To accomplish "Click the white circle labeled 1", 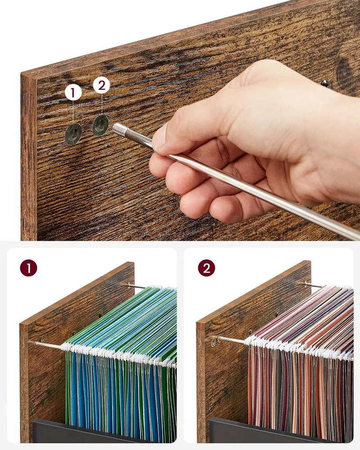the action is [x=73, y=92].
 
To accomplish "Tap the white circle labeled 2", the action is [x=101, y=85].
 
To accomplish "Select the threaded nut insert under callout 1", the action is [x=73, y=134].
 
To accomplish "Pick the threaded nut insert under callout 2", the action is [x=100, y=125].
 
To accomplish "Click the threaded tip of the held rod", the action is [x=118, y=129].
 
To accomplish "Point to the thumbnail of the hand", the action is [x=160, y=137].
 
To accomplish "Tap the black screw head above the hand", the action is [x=325, y=83].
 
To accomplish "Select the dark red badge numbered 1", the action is [x=28, y=268].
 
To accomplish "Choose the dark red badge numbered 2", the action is [x=207, y=268].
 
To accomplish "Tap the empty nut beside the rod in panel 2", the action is [x=213, y=342].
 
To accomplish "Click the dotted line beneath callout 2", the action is [x=102, y=104].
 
